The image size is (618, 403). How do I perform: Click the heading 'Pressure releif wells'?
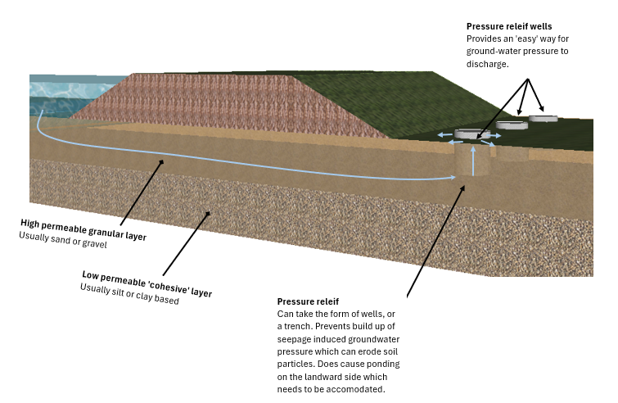(x=509, y=27)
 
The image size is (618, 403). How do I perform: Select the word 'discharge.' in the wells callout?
(x=488, y=63)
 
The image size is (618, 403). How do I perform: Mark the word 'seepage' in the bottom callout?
(x=298, y=339)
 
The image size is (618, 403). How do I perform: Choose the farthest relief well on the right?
(x=542, y=119)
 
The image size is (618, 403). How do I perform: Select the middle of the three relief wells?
(x=511, y=126)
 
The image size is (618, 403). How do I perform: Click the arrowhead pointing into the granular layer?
(x=162, y=161)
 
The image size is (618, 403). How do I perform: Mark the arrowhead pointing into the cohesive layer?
(x=209, y=214)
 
